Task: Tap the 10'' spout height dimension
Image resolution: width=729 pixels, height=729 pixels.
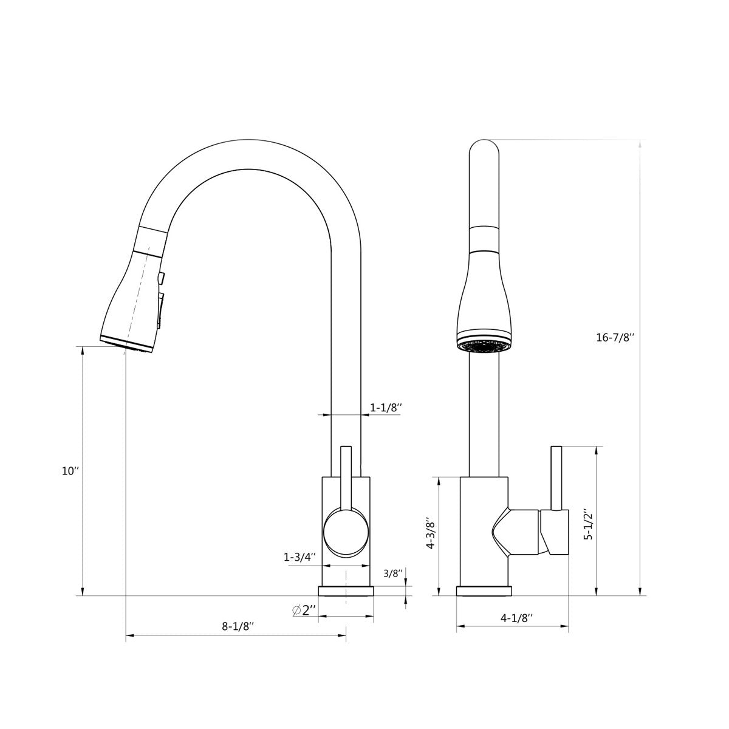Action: (70, 471)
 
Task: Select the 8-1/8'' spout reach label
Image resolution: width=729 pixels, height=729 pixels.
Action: (237, 626)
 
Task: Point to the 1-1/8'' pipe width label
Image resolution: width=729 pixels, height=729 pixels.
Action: (386, 408)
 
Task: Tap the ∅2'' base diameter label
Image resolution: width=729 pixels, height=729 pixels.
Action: (304, 610)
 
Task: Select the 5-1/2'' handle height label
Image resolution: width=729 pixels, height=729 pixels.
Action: (588, 524)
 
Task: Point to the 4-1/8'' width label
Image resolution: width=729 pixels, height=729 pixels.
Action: (516, 618)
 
